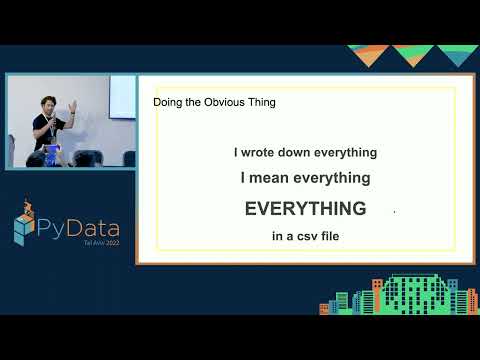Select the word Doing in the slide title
[169, 102]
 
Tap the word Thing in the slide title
[259, 102]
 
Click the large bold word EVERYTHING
[306, 209]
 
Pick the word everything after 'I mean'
[332, 178]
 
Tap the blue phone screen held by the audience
[54, 150]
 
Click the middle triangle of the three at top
[412, 56]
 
